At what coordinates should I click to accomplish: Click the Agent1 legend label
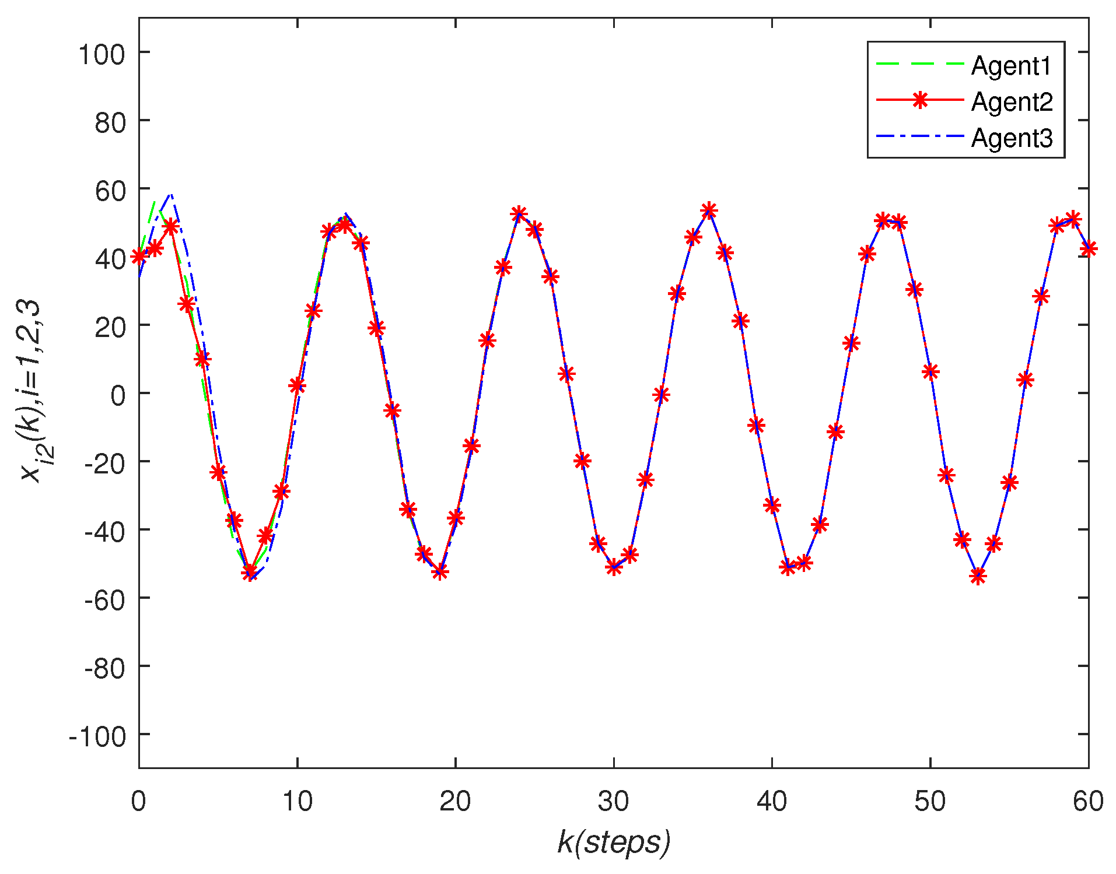[x=1011, y=66]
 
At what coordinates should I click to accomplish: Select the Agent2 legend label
[x=1012, y=102]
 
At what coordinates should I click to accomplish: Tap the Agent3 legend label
[x=1012, y=138]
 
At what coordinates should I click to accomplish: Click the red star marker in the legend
[x=920, y=100]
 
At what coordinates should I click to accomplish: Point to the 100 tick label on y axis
[x=102, y=55]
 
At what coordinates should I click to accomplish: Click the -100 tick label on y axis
[x=97, y=737]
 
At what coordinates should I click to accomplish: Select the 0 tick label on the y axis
[x=118, y=396]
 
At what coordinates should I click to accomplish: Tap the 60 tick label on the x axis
[x=1088, y=802]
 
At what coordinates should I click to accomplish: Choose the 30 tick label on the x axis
[x=614, y=802]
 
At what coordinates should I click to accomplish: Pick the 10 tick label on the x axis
[x=298, y=802]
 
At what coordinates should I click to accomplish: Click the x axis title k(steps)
[x=614, y=841]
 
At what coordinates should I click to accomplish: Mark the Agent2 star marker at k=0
[x=139, y=257]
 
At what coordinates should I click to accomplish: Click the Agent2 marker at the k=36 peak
[x=709, y=210]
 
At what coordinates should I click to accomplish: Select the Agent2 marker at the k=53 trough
[x=978, y=576]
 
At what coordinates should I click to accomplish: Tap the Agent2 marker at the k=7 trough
[x=250, y=573]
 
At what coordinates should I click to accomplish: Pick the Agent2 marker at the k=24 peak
[x=519, y=214]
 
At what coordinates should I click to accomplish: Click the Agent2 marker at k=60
[x=1088, y=249]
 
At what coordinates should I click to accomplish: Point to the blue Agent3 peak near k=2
[x=170, y=195]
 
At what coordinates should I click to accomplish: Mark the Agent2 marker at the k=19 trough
[x=440, y=571]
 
